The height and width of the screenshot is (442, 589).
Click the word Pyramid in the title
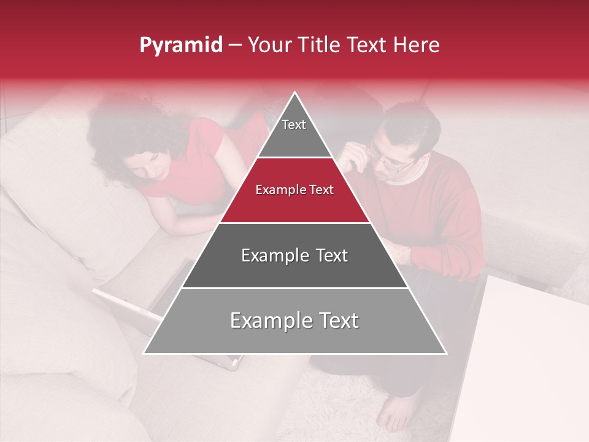(x=180, y=45)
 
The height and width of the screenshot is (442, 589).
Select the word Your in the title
(x=268, y=45)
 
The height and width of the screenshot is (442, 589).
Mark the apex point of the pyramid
(x=294, y=93)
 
